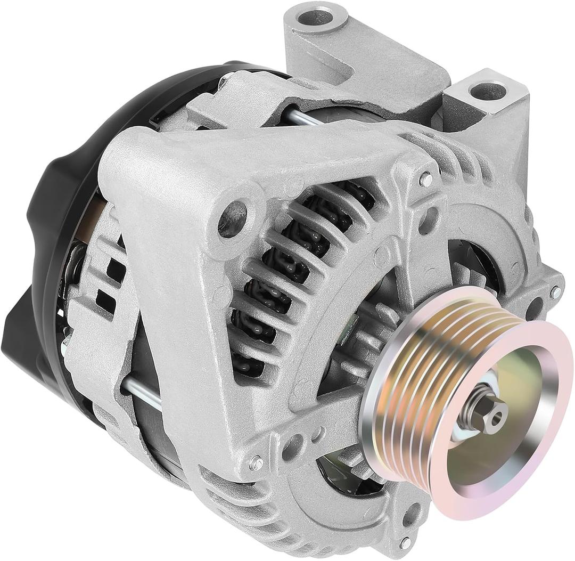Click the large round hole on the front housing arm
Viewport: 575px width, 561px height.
tap(232, 218)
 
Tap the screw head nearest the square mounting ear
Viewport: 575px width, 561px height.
tap(426, 180)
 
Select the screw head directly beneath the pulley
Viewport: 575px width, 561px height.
tap(406, 542)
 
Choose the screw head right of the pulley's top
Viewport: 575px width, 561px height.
tap(555, 292)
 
